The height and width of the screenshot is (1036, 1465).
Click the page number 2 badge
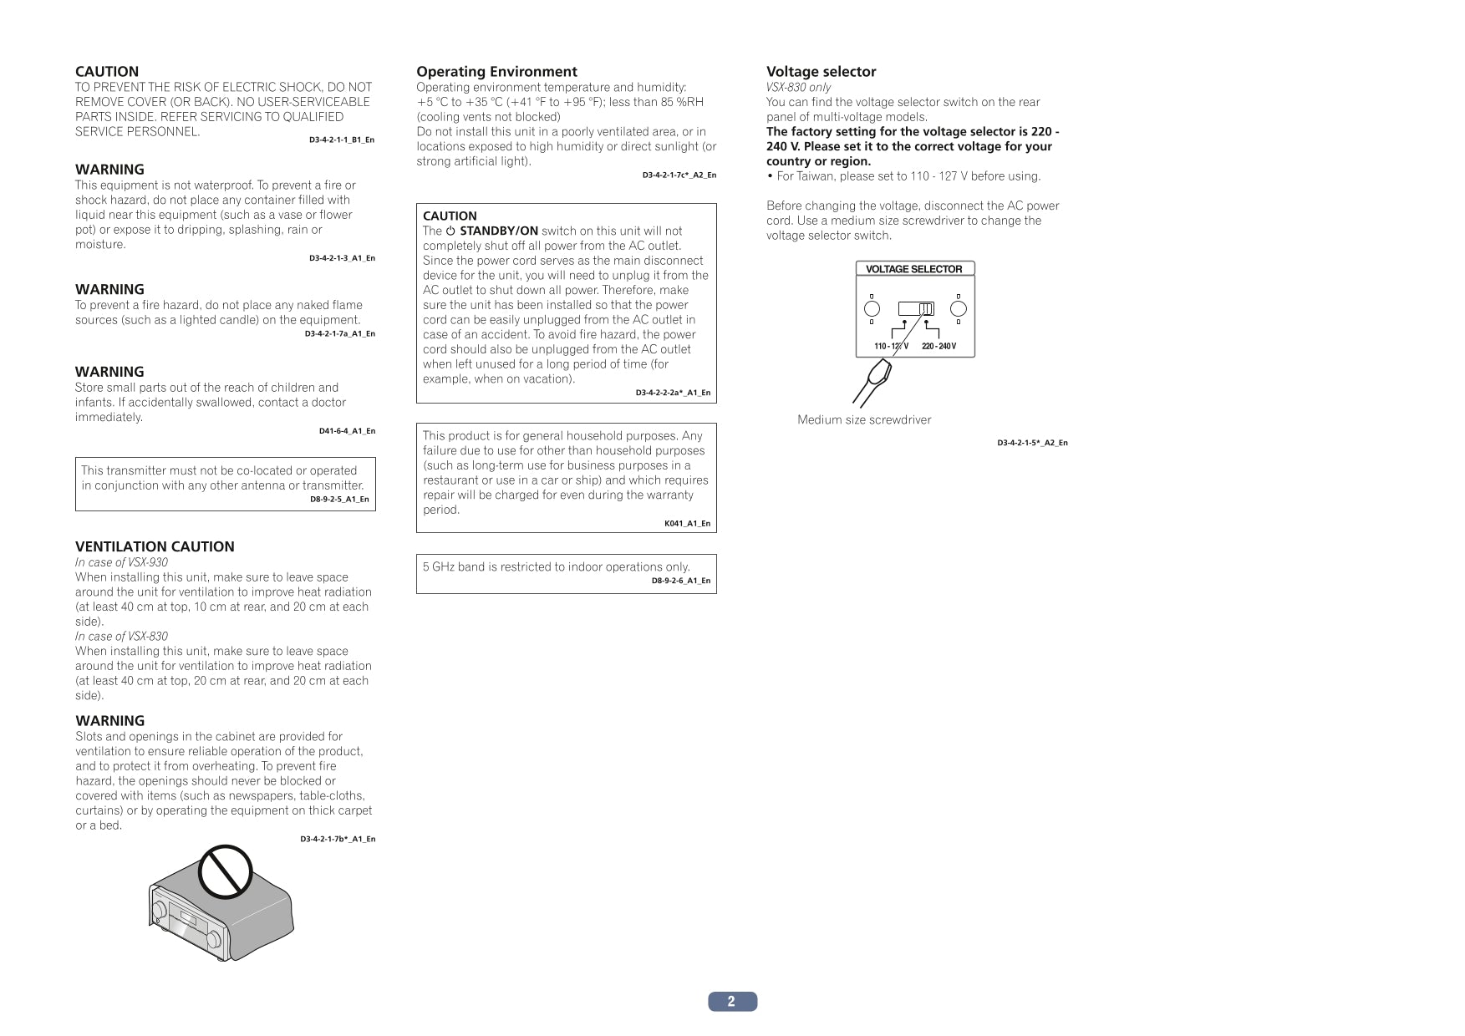point(732,1001)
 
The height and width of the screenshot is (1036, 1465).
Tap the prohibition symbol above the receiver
point(225,871)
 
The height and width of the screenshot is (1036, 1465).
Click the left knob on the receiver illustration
point(158,911)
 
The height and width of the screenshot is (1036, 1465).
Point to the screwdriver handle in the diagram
point(873,380)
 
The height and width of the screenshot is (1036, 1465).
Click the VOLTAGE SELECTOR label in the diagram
point(913,269)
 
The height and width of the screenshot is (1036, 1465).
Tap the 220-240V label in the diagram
point(939,346)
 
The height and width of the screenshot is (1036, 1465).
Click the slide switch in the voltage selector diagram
point(917,308)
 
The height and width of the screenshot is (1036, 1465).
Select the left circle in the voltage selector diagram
point(872,308)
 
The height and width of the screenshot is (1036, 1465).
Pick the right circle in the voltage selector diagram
point(959,308)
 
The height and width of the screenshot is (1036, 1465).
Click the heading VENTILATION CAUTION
point(155,546)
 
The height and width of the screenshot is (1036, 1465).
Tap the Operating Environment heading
point(496,72)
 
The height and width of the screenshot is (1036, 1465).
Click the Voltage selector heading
point(821,72)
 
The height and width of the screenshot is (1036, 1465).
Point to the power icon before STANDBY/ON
point(450,231)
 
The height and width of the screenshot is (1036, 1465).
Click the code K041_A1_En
point(687,524)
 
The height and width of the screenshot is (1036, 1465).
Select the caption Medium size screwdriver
point(863,419)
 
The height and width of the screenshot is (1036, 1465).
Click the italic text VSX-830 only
point(798,87)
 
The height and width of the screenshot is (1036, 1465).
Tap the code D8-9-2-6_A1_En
point(680,581)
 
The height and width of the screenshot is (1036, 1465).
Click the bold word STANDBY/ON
point(499,231)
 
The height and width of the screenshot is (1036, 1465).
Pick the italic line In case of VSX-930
point(121,562)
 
